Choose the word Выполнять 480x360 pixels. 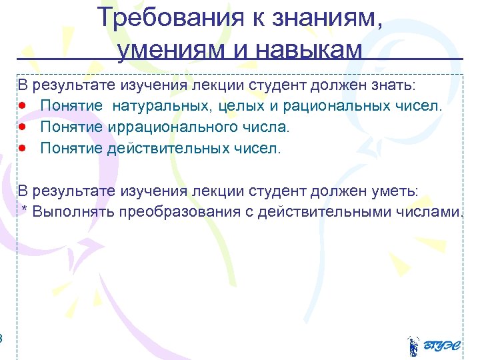(x=73, y=212)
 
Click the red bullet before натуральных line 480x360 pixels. (x=23, y=106)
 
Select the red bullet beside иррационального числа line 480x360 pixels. (x=23, y=127)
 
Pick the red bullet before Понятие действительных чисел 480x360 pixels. (x=23, y=148)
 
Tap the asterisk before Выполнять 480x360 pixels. (x=25, y=211)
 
